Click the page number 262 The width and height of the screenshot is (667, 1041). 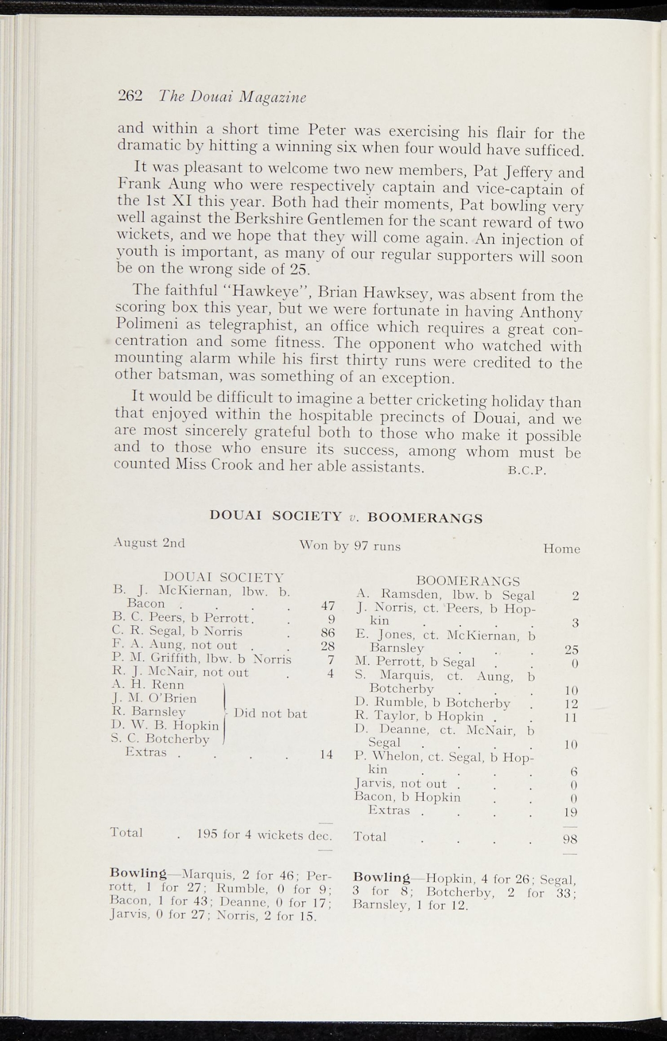click(131, 96)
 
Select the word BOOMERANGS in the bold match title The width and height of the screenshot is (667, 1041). click(425, 518)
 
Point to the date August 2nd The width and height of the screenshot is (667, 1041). click(149, 542)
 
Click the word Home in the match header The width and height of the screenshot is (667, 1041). click(561, 549)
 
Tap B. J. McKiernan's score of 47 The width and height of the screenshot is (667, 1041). click(328, 606)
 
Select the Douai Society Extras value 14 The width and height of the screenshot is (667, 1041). click(326, 755)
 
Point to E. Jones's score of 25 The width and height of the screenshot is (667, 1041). click(571, 649)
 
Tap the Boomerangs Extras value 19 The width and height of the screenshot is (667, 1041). click(571, 812)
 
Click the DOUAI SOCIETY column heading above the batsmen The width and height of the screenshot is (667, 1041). click(224, 577)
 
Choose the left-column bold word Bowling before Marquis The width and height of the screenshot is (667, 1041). click(138, 873)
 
